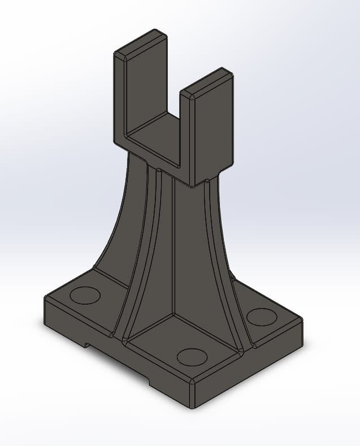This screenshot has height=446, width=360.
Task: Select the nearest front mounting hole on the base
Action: point(192,357)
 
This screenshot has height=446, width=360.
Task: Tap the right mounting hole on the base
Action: point(261,316)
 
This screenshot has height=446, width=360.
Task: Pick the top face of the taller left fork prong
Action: point(142,44)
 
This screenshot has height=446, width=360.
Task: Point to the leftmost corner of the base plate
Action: point(45,298)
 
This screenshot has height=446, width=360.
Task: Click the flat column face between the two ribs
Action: point(192,243)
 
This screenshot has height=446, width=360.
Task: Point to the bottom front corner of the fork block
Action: point(194,185)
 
